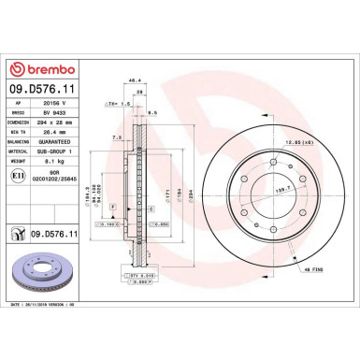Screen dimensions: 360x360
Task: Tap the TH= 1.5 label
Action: (116, 105)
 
